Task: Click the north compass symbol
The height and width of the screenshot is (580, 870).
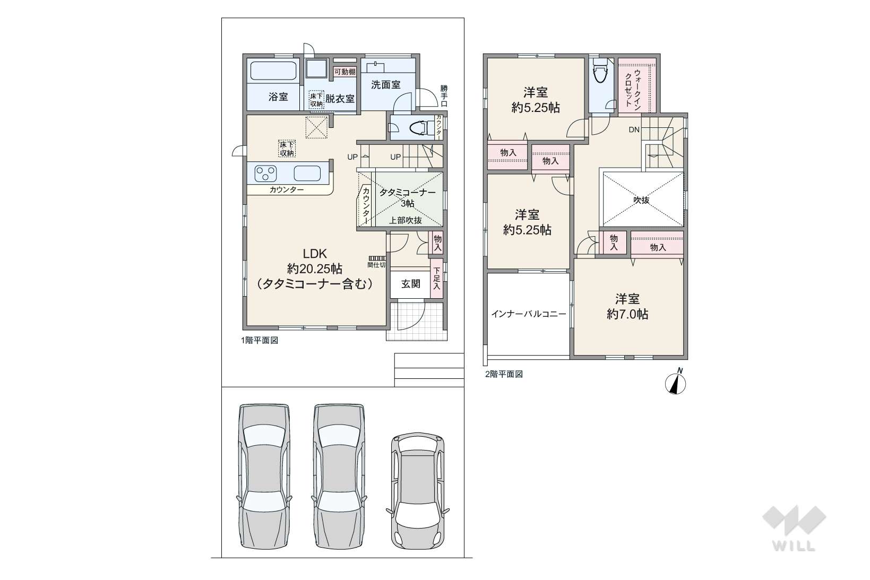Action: click(675, 383)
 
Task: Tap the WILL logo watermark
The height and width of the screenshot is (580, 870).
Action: click(794, 528)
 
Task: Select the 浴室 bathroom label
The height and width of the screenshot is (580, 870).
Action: click(278, 97)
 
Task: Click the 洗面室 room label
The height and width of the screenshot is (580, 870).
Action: click(385, 84)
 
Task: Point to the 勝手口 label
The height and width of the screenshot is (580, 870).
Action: click(444, 96)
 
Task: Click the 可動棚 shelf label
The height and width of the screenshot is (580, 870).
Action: click(345, 72)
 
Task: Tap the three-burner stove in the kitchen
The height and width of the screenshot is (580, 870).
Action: click(265, 174)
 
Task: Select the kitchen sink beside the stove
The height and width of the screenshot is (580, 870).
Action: click(307, 173)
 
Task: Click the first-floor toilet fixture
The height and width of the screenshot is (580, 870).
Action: click(420, 127)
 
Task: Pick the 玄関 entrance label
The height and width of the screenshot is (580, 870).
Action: click(410, 284)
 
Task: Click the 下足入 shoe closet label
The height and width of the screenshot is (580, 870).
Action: click(436, 279)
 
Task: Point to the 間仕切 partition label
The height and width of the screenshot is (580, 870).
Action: click(376, 265)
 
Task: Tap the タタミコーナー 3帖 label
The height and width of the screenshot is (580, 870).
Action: click(408, 197)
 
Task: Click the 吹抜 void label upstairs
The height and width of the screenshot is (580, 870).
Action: click(641, 200)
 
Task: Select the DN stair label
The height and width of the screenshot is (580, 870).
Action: click(634, 129)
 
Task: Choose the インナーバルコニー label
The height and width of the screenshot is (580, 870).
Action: click(529, 314)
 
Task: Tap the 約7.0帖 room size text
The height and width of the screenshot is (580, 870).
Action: click(627, 314)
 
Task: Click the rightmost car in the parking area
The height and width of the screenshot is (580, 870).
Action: click(418, 491)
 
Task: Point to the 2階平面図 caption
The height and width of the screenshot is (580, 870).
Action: click(504, 374)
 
